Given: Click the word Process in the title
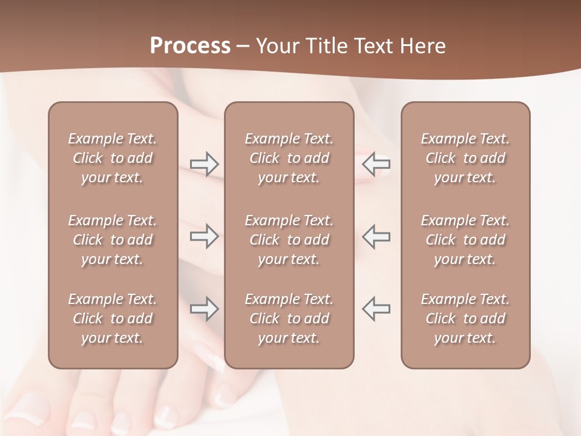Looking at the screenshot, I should [190, 45].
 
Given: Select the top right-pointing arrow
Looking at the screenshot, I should [204, 163].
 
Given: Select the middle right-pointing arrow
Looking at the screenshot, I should [204, 236].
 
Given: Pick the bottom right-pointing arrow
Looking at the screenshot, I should [204, 309].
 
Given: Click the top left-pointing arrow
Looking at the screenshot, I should [376, 163].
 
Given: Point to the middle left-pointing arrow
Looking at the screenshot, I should [376, 236].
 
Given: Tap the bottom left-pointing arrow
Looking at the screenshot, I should [376, 309].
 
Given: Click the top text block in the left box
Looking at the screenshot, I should [113, 158].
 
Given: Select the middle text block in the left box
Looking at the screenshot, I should [113, 240].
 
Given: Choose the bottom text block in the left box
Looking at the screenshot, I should [113, 319].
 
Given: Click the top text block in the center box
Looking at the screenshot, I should [289, 158].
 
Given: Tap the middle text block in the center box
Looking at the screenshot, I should [289, 240].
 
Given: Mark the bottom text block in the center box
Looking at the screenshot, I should [289, 319].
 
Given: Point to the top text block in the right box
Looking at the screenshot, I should [465, 158].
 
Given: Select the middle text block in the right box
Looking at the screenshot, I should [465, 240].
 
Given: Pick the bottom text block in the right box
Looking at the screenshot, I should [465, 319].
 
